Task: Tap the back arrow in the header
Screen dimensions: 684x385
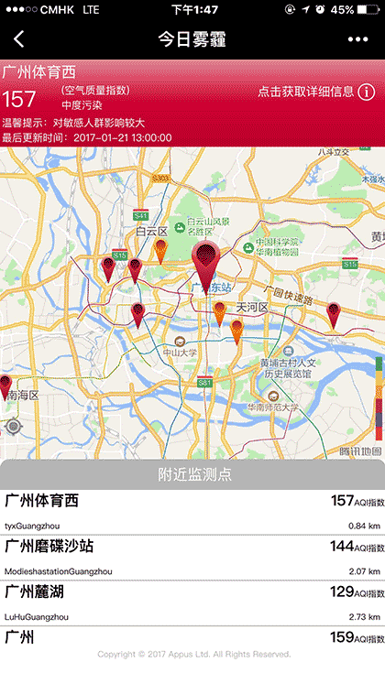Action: coord(19,39)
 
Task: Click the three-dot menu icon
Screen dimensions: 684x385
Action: coord(357,39)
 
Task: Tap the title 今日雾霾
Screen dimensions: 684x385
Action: coord(192,39)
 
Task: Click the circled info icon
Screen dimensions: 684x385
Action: coord(366,92)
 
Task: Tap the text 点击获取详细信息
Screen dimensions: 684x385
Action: coord(306,92)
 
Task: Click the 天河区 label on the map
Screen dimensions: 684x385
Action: coord(250,307)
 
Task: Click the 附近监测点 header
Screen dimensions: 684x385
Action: coord(193,474)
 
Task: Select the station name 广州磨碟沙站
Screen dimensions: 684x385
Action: coord(49,547)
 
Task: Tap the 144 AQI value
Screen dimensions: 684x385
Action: coord(342,547)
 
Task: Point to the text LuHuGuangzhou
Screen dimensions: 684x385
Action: coord(37,616)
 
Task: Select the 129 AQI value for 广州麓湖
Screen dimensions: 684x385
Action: coord(342,592)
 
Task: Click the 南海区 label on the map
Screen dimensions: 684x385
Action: coord(21,396)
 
